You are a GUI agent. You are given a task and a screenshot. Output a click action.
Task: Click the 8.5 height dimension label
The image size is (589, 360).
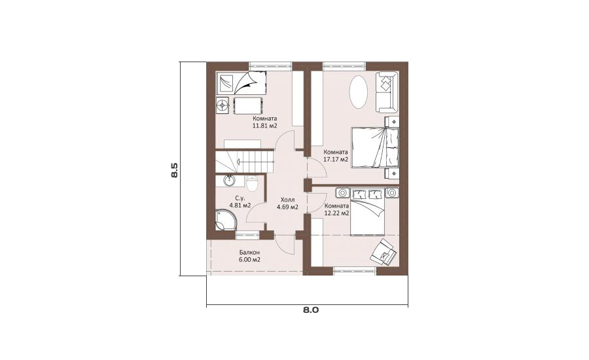[x=174, y=170]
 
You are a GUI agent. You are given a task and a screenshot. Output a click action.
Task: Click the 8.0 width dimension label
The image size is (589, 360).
[x=311, y=310]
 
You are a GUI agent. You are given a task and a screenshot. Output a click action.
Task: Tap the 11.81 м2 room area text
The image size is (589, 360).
[x=265, y=126]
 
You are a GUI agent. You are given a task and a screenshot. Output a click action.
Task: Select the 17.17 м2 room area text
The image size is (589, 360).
[x=336, y=159]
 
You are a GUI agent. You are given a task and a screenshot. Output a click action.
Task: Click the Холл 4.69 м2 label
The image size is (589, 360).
[x=288, y=204]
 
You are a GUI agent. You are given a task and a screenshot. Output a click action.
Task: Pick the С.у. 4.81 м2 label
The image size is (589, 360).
[x=240, y=202]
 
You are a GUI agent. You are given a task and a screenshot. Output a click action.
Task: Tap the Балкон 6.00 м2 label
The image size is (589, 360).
[x=249, y=256]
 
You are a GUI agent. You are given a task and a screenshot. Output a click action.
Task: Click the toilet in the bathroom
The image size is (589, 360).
[x=252, y=184]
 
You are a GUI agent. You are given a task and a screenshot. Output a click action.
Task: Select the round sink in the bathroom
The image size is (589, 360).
[x=229, y=181]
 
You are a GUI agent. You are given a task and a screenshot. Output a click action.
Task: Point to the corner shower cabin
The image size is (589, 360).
[x=225, y=220]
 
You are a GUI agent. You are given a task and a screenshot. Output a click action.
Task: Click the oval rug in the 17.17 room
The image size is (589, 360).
[x=359, y=92]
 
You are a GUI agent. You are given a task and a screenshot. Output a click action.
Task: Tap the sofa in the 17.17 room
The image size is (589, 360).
[x=386, y=92]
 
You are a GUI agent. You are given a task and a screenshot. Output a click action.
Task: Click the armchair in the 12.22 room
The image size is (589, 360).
[x=383, y=251]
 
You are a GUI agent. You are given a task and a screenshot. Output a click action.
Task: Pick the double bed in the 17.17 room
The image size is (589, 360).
[x=374, y=147]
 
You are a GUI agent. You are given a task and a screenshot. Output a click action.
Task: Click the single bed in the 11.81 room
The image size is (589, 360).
[x=241, y=82]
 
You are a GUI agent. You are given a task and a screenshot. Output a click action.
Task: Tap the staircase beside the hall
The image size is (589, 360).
[x=245, y=161]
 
